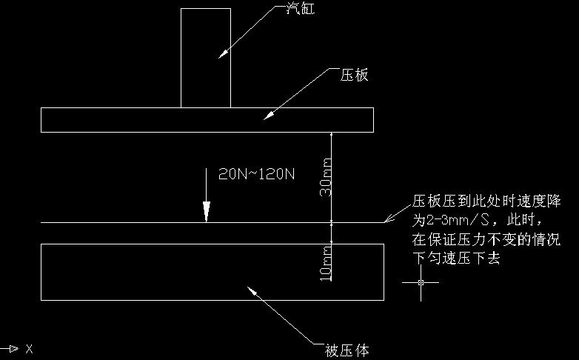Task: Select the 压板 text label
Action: pyautogui.click(x=354, y=76)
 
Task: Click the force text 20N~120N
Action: pyautogui.click(x=257, y=175)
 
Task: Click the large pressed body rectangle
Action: pyautogui.click(x=148, y=272)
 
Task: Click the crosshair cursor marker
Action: pyautogui.click(x=421, y=283)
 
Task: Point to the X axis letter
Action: pyautogui.click(x=29, y=348)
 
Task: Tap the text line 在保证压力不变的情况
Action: pyautogui.click(x=486, y=241)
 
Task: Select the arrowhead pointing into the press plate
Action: pyautogui.click(x=269, y=116)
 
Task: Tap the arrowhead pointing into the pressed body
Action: pyautogui.click(x=254, y=291)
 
